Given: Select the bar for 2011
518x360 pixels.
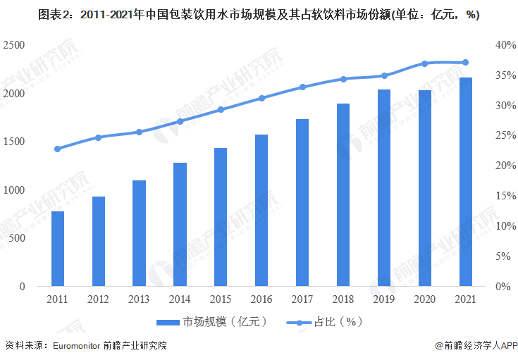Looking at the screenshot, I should [58, 249].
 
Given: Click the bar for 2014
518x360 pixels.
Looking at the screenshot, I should [180, 225].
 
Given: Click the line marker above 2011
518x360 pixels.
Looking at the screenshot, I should [58, 149].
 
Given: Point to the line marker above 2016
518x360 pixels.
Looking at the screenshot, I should [261, 98].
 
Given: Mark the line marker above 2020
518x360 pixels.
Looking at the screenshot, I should [425, 63].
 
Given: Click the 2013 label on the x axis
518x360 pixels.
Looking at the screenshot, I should [139, 299].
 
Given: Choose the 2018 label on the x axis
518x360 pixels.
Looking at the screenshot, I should [343, 299].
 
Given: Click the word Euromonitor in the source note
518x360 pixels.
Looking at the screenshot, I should [74, 346].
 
